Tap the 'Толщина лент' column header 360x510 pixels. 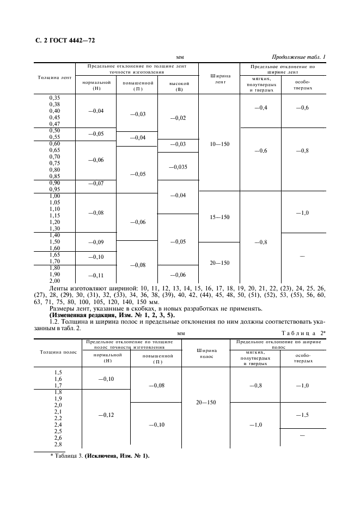(54, 77)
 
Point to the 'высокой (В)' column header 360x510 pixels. (179, 86)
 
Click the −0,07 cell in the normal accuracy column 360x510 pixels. (95, 183)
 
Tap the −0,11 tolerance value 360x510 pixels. (95, 275)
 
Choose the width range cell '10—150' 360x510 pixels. (220, 144)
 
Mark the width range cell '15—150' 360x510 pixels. (220, 217)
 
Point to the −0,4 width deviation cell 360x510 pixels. (261, 108)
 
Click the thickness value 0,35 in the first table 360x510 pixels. (54, 98)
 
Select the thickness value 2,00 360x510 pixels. (54, 280)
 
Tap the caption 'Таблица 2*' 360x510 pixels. (303, 332)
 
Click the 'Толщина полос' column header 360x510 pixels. (57, 352)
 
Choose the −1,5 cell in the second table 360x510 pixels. (303, 415)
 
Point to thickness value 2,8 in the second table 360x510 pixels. (58, 444)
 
